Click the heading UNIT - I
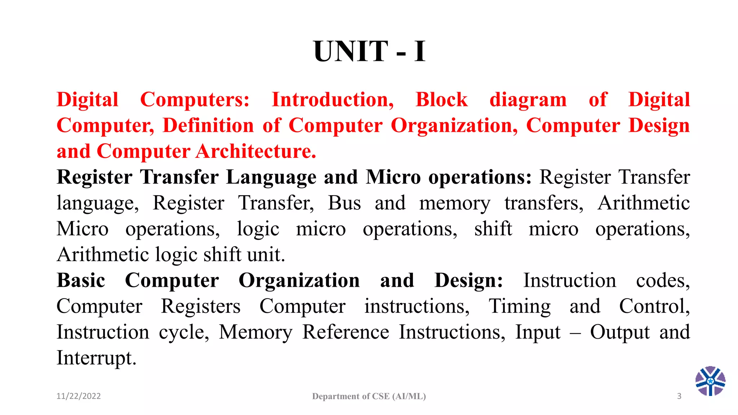click(x=369, y=52)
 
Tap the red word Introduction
click(x=332, y=99)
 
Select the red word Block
click(x=441, y=99)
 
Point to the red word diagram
click(x=528, y=100)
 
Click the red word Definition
click(x=208, y=125)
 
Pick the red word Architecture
click(x=256, y=151)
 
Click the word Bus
click(x=344, y=203)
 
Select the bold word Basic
click(x=81, y=280)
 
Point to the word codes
click(x=663, y=280)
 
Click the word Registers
click(x=200, y=306)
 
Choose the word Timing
click(x=519, y=307)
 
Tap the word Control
click(x=654, y=306)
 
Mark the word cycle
click(x=184, y=333)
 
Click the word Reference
click(x=346, y=332)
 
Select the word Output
click(x=620, y=332)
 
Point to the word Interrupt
click(x=96, y=358)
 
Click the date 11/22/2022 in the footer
click(x=79, y=396)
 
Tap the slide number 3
click(x=679, y=396)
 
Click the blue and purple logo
click(x=710, y=381)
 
